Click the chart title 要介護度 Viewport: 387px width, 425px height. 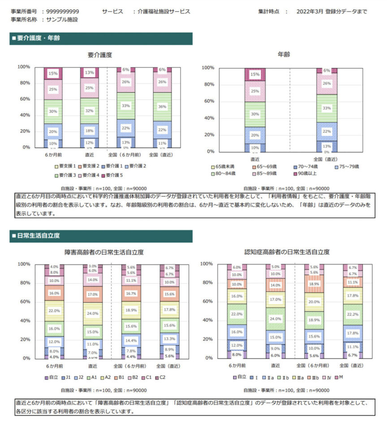(x=100, y=55)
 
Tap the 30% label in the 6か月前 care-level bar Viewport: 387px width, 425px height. (x=53, y=111)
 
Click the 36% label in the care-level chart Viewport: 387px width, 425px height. (x=163, y=107)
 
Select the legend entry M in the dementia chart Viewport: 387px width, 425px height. (x=341, y=377)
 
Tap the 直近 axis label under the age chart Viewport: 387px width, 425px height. (x=255, y=159)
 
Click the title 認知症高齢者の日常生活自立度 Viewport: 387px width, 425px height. (x=287, y=252)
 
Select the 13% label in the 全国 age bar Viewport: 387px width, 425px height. (x=327, y=146)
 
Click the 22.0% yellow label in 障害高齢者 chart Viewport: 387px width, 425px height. (x=54, y=310)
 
